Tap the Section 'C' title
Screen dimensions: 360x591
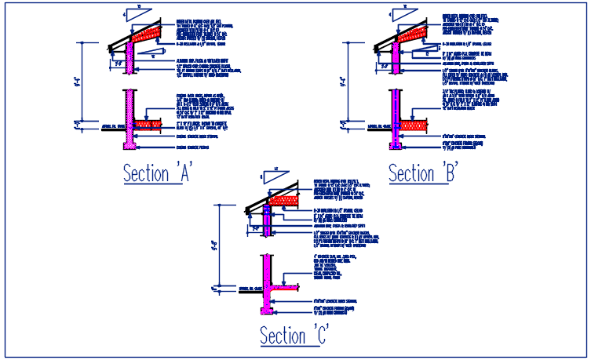tap(294, 334)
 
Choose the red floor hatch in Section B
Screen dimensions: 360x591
tap(415, 123)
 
